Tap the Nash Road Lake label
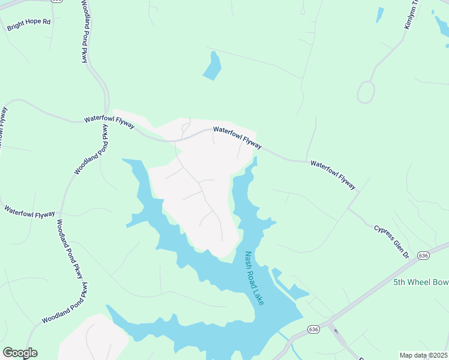tap(255, 278)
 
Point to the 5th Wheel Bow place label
tap(420, 282)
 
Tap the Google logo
tap(20, 353)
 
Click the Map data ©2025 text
tap(423, 355)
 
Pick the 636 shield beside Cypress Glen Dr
tap(424, 256)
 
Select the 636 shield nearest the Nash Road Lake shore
tap(313, 329)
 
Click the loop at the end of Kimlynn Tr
tap(366, 92)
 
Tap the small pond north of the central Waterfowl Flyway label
tap(212, 66)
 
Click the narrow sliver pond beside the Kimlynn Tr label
tap(379, 15)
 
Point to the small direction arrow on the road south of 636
tap(336, 331)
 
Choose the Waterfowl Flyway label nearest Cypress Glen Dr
tap(333, 175)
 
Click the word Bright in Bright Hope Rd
tap(17, 28)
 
